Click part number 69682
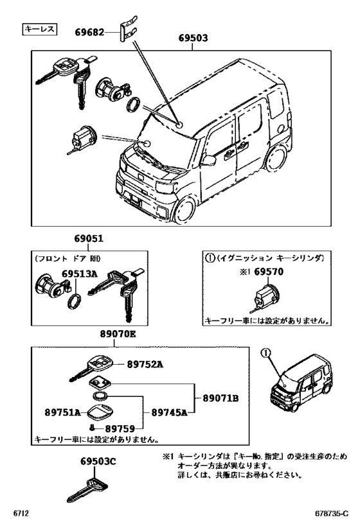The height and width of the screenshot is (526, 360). tap(89, 32)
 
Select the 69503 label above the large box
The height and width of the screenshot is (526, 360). tap(193, 38)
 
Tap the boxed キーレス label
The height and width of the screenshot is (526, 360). tap(40, 29)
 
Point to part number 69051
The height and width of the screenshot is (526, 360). tap(89, 238)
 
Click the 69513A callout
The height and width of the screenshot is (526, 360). tap(79, 274)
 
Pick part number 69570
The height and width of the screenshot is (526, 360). tap(269, 272)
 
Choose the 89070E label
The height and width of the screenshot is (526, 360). tap(118, 334)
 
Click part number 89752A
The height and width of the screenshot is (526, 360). tap(145, 364)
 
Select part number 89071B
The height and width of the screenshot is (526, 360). tap(221, 398)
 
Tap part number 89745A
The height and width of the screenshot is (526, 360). tap(169, 412)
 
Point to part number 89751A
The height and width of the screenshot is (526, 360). tap(63, 412)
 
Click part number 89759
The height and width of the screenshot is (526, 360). tap(120, 428)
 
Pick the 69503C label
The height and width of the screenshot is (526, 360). tap(98, 462)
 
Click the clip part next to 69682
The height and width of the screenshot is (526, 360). tap(127, 28)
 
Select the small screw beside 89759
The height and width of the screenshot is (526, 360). tap(92, 428)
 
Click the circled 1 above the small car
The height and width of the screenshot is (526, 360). tap(265, 353)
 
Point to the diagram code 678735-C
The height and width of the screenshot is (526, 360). tap(332, 514)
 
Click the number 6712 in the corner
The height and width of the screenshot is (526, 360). tap(21, 514)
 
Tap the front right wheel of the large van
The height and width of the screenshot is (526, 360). tap(184, 209)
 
